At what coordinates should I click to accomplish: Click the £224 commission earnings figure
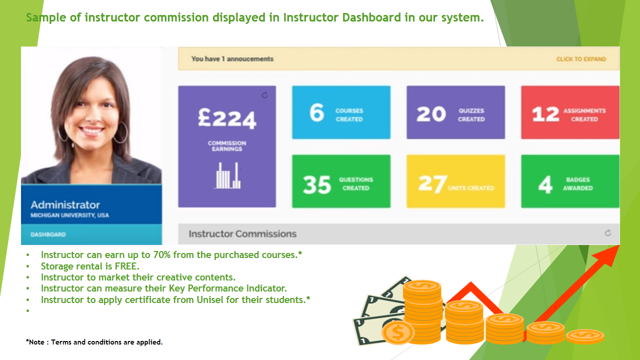pos(227,117)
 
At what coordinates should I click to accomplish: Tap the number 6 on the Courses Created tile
pos(317,112)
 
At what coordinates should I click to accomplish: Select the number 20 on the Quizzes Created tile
pos(431,114)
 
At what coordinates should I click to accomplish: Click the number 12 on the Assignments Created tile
pos(545,114)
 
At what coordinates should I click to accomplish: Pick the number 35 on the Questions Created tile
pos(317,184)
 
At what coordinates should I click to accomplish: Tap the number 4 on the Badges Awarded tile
pos(545,184)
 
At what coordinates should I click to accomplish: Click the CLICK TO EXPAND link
pos(581,59)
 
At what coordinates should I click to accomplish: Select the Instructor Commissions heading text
pos(242,233)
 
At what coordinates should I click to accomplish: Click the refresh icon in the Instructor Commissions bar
pos(607,233)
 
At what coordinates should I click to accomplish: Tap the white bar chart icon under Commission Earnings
pos(227,175)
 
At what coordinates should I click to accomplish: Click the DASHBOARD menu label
pos(48,234)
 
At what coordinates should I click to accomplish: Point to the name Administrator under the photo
pos(65,205)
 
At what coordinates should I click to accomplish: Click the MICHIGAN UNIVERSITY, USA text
pos(69,215)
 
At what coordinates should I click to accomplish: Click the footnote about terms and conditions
pos(94,342)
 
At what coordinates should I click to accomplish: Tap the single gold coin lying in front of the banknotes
pos(398,332)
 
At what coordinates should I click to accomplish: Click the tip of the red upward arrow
pos(619,245)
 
